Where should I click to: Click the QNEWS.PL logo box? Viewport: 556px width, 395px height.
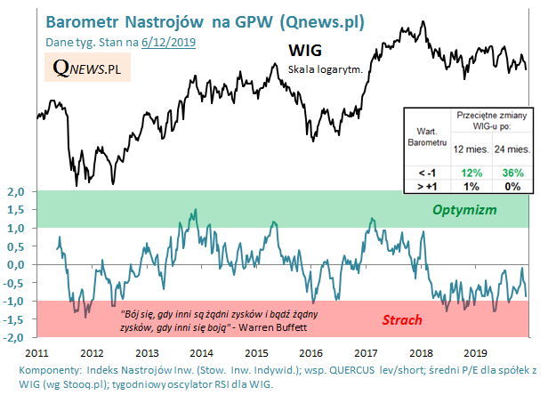(86, 68)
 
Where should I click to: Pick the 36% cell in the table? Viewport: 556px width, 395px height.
(510, 171)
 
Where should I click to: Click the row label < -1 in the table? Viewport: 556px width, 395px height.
(421, 171)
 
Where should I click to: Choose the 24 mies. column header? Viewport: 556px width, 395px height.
(510, 148)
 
